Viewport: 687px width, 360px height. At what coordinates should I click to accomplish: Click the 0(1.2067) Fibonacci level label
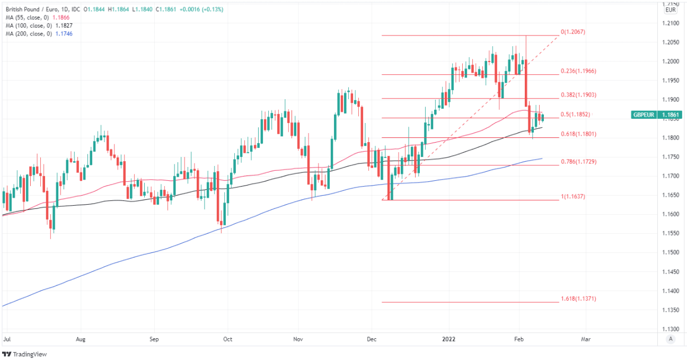572,32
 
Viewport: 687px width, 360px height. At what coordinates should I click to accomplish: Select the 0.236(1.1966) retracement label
578,71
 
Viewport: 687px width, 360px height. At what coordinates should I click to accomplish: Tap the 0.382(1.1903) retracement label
578,95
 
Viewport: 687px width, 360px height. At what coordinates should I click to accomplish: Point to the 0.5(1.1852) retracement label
575,115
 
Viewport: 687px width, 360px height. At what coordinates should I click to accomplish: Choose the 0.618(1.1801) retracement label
578,134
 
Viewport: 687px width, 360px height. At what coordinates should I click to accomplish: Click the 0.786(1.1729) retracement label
578,161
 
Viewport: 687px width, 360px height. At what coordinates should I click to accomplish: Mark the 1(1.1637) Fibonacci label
572,196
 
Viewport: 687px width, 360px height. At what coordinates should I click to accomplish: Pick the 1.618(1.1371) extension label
578,299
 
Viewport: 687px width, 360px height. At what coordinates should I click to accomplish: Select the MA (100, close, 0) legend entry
28,25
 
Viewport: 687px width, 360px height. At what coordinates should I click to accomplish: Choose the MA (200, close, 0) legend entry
28,33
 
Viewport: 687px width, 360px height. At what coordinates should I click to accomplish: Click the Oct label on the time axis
228,338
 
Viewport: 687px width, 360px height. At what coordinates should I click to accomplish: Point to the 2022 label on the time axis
448,338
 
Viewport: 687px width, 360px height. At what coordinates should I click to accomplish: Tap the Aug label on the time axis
81,338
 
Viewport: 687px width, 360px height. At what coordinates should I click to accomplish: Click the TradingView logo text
29,354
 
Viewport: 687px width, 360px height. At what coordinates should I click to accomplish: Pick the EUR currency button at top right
670,10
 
